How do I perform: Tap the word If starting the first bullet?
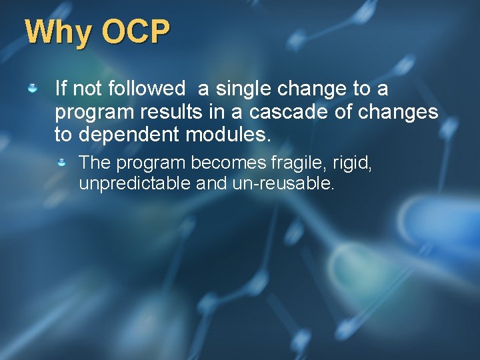pos(61,88)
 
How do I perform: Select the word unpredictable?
pos(135,183)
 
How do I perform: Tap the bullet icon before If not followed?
pos(32,88)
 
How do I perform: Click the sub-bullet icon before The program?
pos(61,162)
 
